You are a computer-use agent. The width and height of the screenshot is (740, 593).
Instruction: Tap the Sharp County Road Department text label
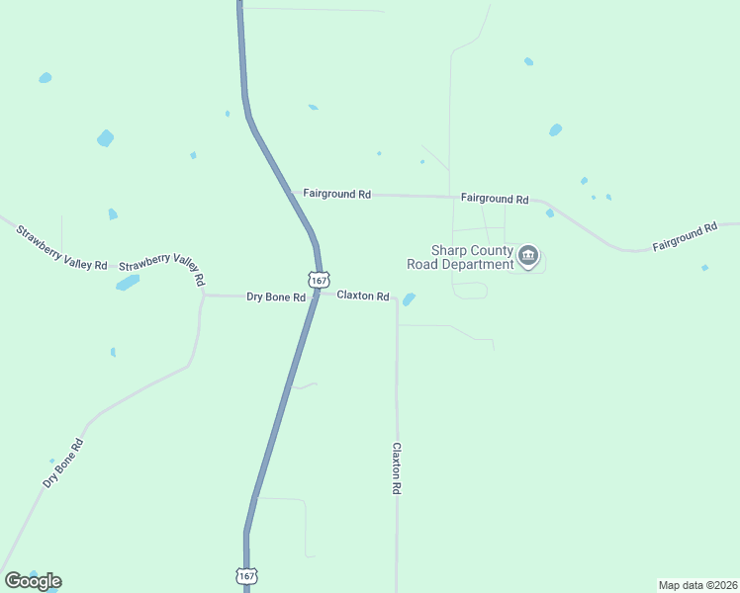[460, 257]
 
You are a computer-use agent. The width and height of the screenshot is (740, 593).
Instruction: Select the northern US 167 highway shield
[319, 281]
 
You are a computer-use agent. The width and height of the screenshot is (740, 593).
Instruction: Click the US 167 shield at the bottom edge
[247, 575]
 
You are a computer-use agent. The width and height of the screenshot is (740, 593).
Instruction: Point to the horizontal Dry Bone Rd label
[275, 296]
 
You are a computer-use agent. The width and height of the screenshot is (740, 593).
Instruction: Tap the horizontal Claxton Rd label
[362, 296]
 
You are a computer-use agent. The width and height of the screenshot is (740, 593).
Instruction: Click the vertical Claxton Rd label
[396, 468]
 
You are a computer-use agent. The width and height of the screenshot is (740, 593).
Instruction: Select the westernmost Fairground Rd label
[336, 195]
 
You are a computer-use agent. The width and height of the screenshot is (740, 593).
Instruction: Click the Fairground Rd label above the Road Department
[495, 199]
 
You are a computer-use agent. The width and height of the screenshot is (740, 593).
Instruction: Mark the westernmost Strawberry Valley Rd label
[60, 248]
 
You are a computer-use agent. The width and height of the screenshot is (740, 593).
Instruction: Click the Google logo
[33, 581]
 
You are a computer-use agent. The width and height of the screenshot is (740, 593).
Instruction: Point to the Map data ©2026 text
[697, 584]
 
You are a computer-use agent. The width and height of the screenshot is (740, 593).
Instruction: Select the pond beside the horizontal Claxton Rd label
[409, 298]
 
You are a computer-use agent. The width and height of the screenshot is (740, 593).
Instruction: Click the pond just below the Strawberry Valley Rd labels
[128, 284]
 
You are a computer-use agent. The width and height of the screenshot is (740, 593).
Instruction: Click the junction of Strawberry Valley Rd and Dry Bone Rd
[204, 294]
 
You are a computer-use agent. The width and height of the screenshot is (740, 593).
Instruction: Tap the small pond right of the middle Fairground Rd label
[549, 212]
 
